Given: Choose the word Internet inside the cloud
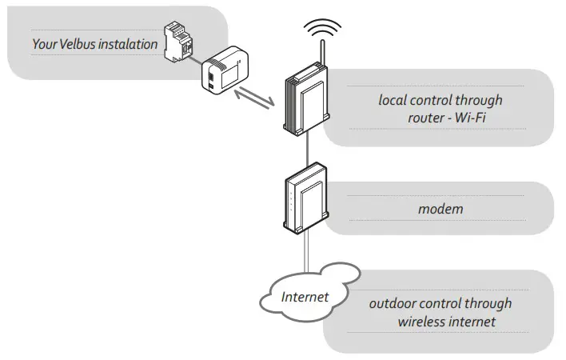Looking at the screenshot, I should [305, 297].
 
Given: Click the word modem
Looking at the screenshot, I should [440, 210].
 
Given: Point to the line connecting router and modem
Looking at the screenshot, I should [306, 148].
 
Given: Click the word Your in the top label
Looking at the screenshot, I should [42, 44].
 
